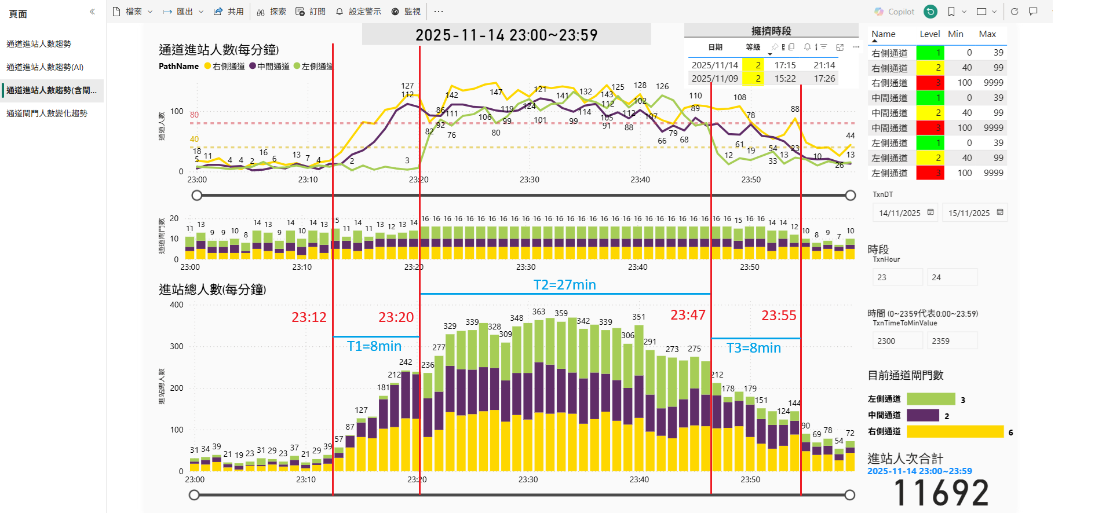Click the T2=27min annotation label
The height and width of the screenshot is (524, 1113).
(x=564, y=285)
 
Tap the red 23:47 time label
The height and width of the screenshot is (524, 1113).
(x=688, y=315)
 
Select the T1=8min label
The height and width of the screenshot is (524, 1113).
(x=374, y=346)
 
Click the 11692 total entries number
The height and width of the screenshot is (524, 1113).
(x=941, y=493)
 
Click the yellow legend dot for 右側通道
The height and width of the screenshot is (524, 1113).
(x=207, y=67)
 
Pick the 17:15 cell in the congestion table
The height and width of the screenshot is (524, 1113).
(x=785, y=65)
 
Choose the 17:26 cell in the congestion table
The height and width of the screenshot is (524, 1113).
(x=824, y=79)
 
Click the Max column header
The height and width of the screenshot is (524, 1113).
(x=987, y=34)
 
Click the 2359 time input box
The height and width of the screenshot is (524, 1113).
(x=951, y=341)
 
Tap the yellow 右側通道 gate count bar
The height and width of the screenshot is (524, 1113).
(x=955, y=431)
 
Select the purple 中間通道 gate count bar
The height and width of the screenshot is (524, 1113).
(x=922, y=415)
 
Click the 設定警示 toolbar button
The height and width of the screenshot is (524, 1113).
(x=359, y=12)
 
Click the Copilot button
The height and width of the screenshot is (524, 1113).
(x=895, y=12)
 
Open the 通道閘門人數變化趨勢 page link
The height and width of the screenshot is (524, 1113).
(x=47, y=113)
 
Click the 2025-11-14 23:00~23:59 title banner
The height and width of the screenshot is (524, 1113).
(x=506, y=35)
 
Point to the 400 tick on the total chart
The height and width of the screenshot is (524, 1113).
(x=176, y=305)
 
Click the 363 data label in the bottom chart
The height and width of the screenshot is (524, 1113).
(x=539, y=312)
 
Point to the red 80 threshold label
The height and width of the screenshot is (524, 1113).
(x=194, y=115)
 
